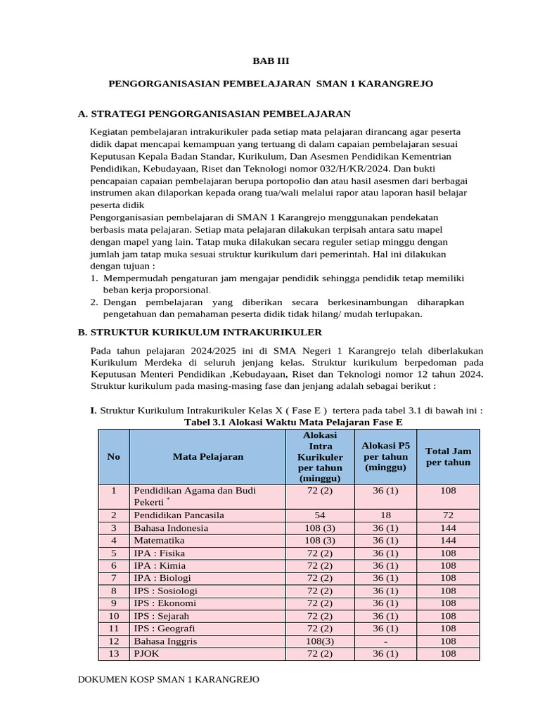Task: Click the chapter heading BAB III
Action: click(270, 61)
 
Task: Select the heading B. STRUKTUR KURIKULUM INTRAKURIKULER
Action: click(200, 331)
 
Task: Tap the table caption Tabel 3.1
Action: click(293, 422)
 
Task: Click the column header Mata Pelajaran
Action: click(208, 456)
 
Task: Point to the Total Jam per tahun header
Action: click(448, 456)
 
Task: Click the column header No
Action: click(114, 456)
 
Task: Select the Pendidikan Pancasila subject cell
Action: click(179, 515)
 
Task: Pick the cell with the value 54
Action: click(320, 515)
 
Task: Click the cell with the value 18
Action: click(385, 515)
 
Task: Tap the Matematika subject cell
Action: click(159, 540)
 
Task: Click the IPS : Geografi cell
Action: click(165, 628)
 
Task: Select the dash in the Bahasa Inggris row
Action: click(385, 641)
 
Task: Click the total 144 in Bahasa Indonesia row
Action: click(448, 527)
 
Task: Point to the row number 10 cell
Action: click(114, 615)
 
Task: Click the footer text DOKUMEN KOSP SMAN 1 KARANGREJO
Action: click(168, 679)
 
